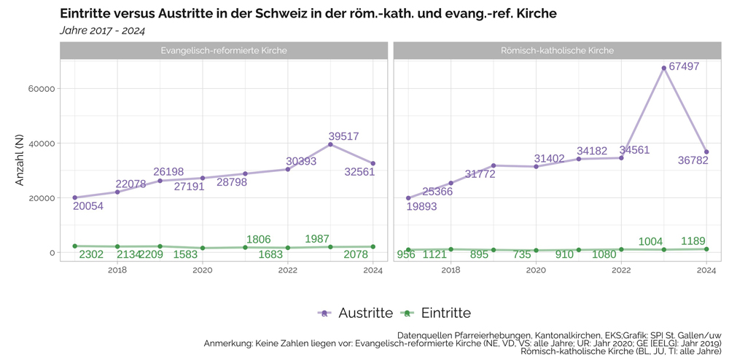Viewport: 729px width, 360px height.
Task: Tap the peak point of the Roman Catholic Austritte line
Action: [x=664, y=68]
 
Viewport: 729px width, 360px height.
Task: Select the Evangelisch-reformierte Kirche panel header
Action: [x=223, y=50]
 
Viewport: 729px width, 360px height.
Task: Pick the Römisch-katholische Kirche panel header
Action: [x=557, y=50]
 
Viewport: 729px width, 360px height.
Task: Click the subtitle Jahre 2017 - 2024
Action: [x=102, y=31]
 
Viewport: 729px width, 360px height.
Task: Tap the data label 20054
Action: [x=88, y=206]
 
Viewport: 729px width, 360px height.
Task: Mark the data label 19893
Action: [x=422, y=206]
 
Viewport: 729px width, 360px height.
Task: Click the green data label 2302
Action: [x=91, y=254]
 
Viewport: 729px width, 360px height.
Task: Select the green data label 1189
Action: [x=693, y=241]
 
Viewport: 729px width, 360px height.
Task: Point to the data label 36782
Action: [x=693, y=160]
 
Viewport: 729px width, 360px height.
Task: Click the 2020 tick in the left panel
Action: [x=203, y=270]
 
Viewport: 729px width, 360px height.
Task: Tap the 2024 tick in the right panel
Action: [x=706, y=270]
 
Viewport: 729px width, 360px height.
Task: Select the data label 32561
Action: [x=359, y=172]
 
